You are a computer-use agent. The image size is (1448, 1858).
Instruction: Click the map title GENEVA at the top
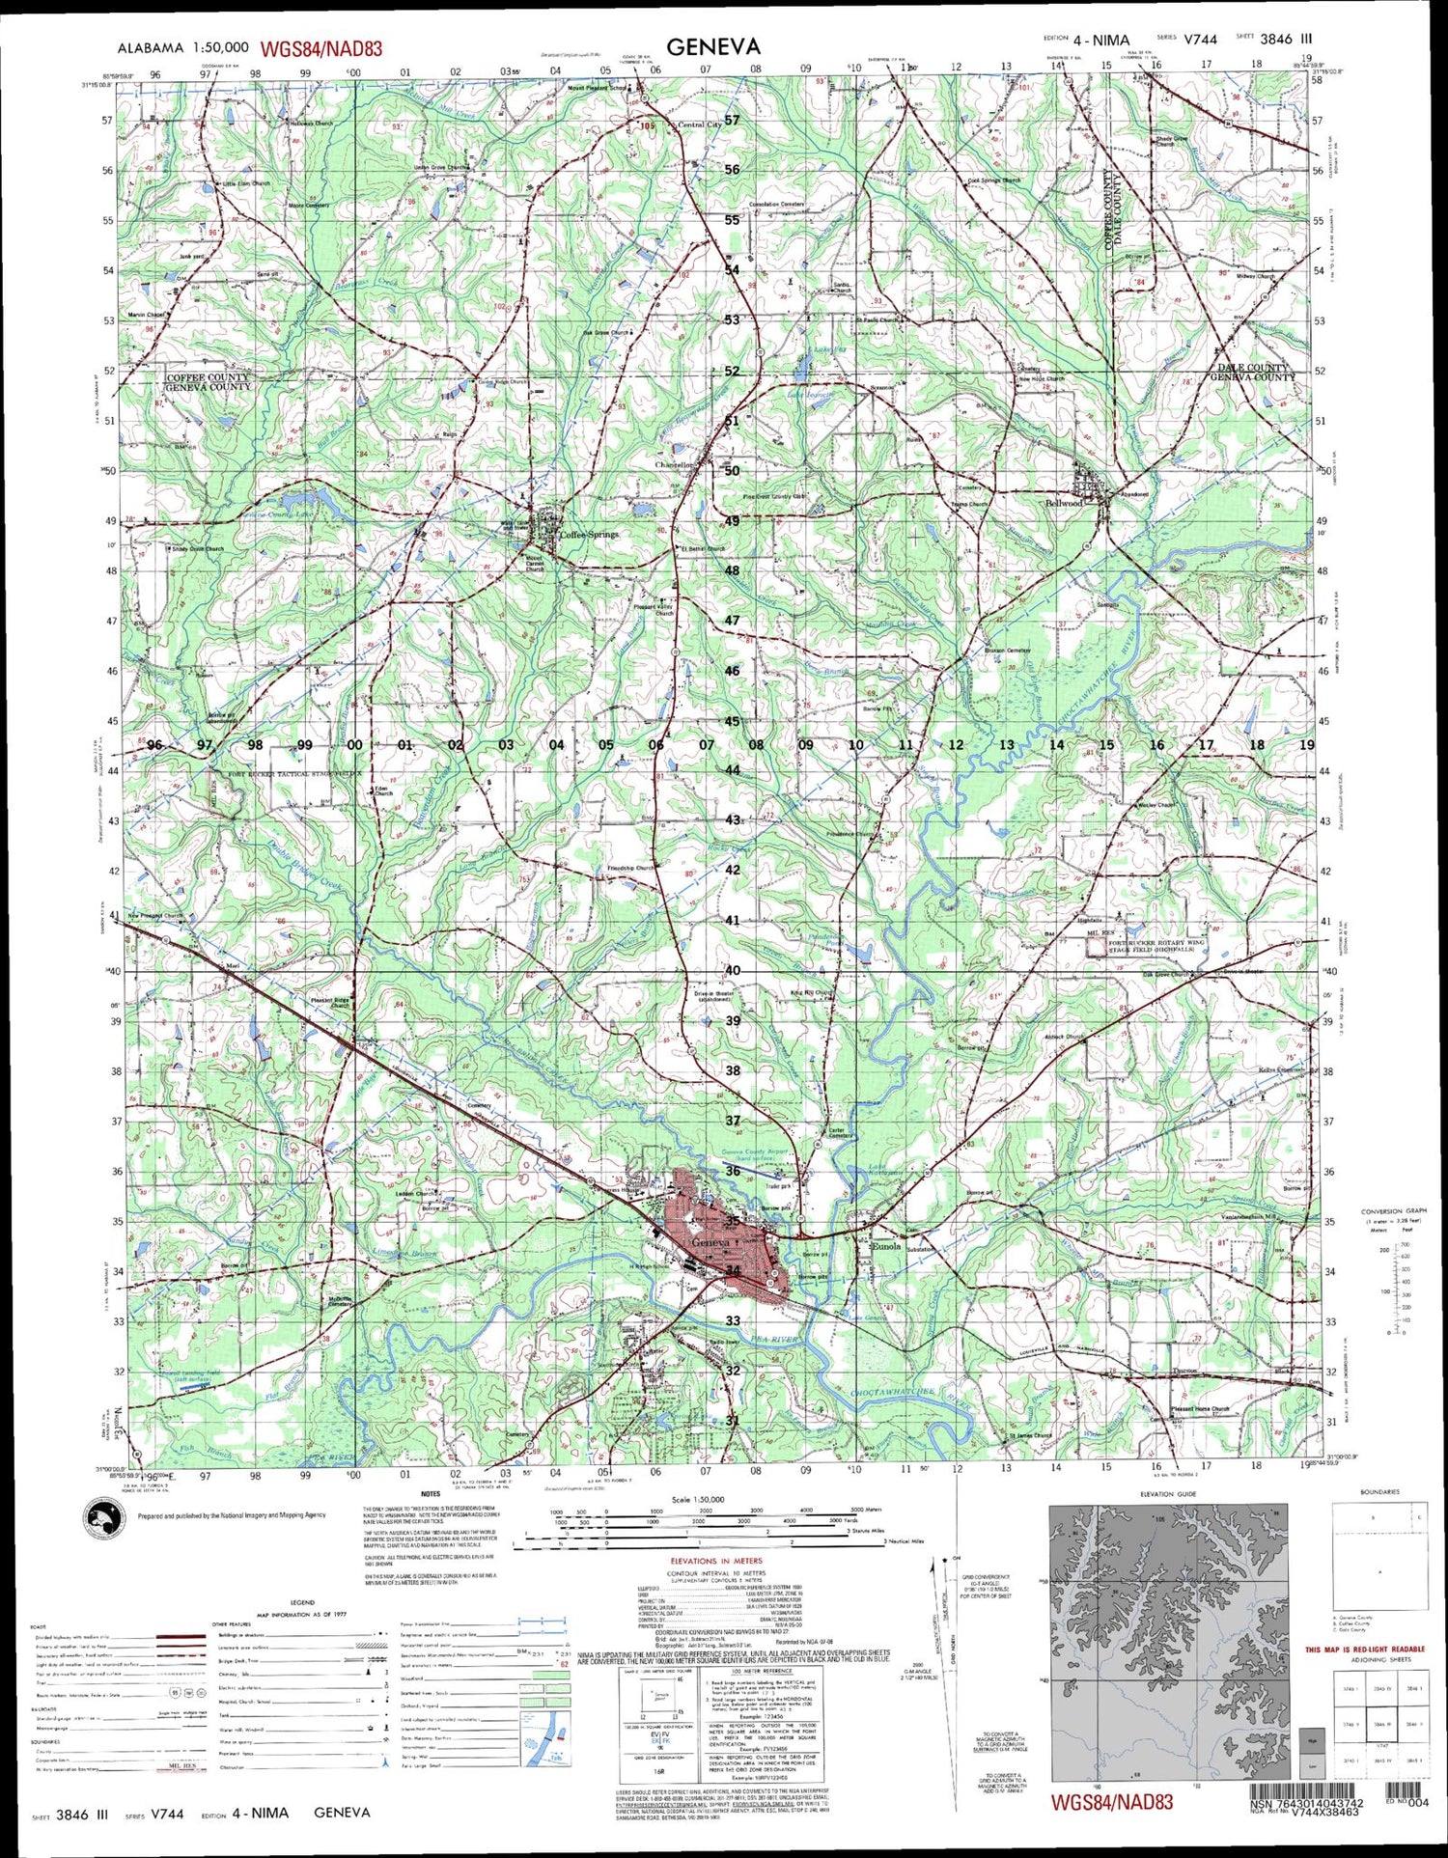click(713, 45)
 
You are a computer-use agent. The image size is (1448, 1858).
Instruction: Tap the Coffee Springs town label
click(590, 534)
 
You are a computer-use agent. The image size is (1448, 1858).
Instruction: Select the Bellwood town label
click(1065, 503)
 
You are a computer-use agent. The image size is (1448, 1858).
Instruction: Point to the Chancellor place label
click(675, 465)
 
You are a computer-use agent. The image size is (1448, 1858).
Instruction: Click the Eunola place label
click(885, 1246)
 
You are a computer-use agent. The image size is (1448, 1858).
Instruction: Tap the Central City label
click(700, 125)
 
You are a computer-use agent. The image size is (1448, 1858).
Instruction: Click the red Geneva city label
click(710, 1243)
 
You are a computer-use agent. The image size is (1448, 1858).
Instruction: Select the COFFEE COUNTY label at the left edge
click(208, 377)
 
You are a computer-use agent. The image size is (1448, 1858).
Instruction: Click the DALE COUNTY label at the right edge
click(1252, 368)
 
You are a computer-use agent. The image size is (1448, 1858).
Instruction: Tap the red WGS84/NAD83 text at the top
click(320, 48)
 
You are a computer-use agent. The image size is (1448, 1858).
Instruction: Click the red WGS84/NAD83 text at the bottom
click(1112, 1802)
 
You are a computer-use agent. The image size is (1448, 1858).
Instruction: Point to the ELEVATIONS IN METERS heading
click(715, 1561)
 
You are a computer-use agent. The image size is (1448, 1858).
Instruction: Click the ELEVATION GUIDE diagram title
click(1168, 1494)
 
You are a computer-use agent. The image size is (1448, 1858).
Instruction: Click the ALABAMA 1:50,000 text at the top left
click(183, 47)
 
